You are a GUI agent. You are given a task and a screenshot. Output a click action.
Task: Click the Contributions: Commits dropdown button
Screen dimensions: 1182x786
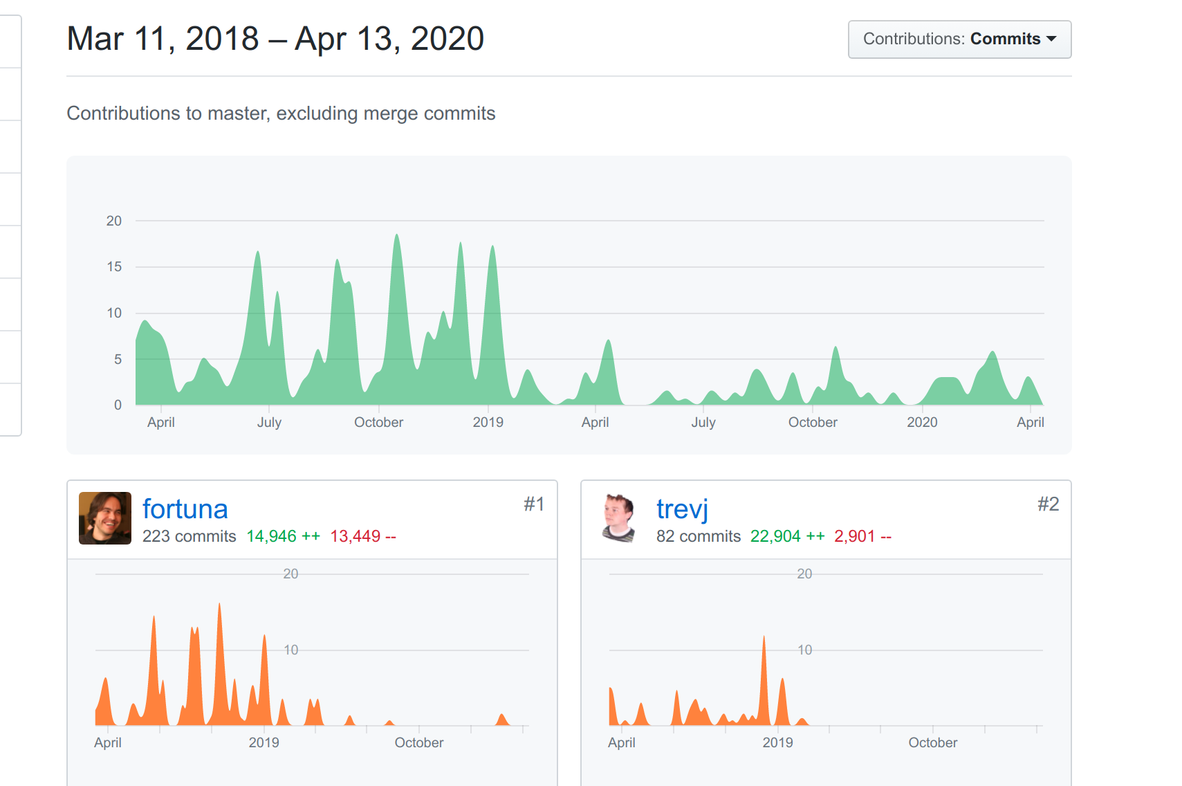[x=959, y=39]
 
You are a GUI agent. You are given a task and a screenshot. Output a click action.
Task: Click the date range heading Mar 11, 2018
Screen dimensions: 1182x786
[x=163, y=39]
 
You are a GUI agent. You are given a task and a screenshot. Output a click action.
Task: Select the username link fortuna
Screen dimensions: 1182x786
[x=185, y=509]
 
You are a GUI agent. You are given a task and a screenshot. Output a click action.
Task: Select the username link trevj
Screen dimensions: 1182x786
[x=682, y=509]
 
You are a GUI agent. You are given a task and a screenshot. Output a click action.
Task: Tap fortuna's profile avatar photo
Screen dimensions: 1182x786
[x=105, y=518]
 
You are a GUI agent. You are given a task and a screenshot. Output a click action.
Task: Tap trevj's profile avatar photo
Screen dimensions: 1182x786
[x=619, y=518]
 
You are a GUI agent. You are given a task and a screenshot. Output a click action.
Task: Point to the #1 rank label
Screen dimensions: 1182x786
[x=533, y=504]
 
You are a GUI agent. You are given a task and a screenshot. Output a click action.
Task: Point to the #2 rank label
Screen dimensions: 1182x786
[x=1048, y=504]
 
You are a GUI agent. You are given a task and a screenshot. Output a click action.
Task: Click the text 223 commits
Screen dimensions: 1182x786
[x=189, y=536]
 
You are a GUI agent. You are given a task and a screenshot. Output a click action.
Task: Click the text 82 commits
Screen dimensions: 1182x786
[x=698, y=536]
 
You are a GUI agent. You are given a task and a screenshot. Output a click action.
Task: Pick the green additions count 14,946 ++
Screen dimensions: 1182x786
[x=284, y=536]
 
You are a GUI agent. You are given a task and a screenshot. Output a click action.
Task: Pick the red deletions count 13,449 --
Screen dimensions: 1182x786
[x=363, y=536]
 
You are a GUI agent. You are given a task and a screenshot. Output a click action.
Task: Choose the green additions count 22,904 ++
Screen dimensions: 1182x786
[x=787, y=536]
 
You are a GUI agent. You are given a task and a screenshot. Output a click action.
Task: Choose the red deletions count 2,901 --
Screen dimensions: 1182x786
[x=862, y=536]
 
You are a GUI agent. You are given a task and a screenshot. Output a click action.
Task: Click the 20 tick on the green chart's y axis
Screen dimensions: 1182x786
[x=114, y=221]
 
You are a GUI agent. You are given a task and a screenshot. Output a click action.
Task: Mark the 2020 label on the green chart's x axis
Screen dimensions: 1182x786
[x=922, y=422]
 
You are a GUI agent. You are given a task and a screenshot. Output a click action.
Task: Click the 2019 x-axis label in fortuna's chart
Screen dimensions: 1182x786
[x=264, y=742]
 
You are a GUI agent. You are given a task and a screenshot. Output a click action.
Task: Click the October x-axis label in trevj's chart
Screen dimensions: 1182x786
[x=932, y=742]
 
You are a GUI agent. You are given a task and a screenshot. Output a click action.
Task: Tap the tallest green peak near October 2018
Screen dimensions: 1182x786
[x=397, y=235]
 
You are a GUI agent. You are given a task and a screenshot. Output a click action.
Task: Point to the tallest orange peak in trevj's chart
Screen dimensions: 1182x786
[x=764, y=637]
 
